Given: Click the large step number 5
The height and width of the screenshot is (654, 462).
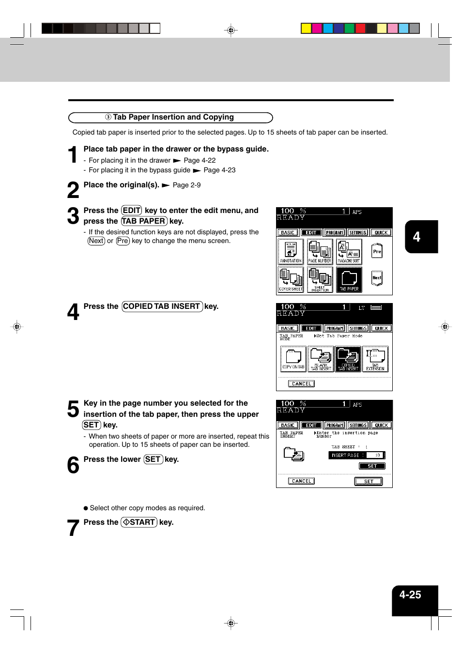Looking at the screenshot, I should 73,410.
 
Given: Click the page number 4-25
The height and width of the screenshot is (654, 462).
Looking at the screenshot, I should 410,595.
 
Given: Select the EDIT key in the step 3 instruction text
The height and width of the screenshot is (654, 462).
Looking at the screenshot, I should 131,211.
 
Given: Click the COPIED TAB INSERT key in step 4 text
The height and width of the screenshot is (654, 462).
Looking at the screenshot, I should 162,306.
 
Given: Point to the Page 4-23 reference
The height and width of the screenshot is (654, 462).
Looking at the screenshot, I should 219,170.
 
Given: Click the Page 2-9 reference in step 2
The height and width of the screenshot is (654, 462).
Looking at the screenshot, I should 186,185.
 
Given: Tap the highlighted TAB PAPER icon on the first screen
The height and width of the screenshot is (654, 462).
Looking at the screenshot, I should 349,280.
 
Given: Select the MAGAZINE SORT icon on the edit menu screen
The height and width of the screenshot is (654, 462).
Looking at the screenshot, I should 349,252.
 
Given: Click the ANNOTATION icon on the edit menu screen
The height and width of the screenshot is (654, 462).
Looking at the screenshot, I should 291,252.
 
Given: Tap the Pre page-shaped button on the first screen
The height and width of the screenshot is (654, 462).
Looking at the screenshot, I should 377,251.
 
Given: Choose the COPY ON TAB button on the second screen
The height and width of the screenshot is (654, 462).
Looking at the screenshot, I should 293,359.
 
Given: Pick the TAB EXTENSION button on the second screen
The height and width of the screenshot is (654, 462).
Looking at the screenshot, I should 375,359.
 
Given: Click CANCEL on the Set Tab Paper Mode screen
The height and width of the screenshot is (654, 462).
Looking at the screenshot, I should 301,384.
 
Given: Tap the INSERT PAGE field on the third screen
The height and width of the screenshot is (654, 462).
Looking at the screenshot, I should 356,455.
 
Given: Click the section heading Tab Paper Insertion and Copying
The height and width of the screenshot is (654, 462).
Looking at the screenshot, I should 170,118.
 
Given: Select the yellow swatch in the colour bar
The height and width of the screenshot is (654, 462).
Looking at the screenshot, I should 306,28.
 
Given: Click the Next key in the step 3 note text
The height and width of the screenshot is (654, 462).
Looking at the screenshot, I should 96,241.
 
